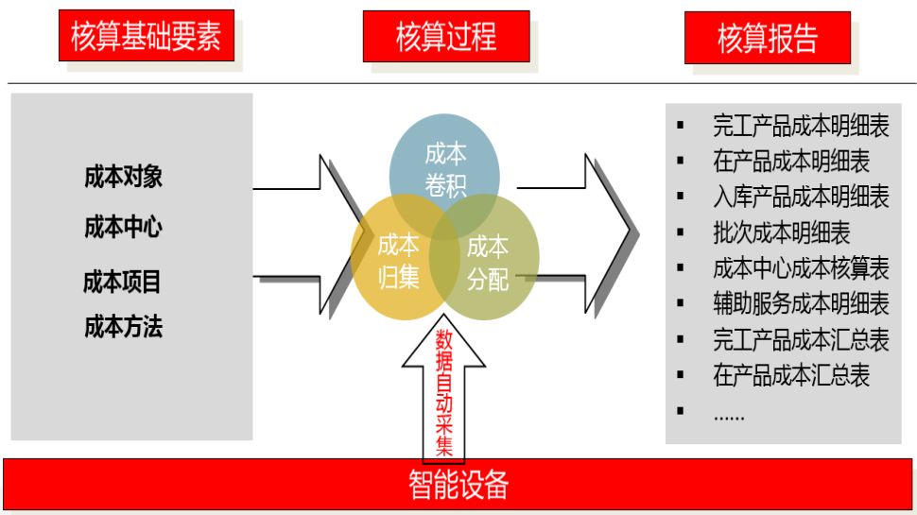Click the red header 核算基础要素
click(146, 37)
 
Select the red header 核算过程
click(445, 37)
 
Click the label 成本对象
click(123, 177)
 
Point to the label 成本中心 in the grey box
click(123, 227)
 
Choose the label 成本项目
click(122, 281)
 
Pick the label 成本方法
click(123, 327)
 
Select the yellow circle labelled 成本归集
click(397, 263)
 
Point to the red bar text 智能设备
click(458, 485)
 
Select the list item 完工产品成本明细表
click(800, 127)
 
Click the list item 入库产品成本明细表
click(800, 197)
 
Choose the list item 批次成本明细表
click(781, 232)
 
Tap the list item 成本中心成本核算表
click(800, 267)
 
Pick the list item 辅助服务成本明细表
click(800, 303)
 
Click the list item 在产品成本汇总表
click(790, 375)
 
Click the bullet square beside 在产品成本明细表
click(680, 162)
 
